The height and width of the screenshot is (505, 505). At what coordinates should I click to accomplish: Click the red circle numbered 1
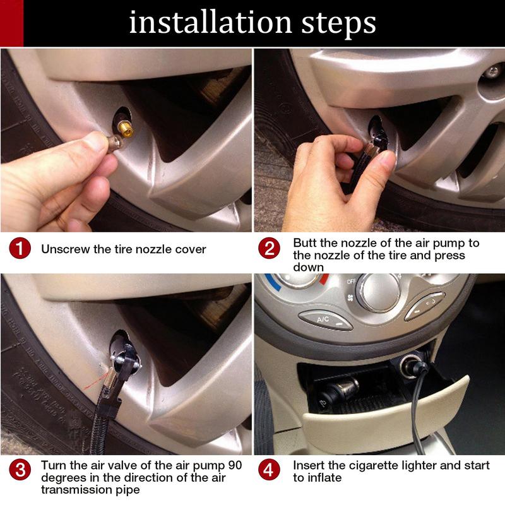(20, 249)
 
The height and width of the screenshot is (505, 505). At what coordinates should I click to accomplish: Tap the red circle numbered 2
(270, 248)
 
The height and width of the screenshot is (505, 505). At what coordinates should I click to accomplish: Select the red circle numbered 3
(20, 470)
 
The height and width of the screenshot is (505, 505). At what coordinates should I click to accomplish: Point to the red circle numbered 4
(270, 470)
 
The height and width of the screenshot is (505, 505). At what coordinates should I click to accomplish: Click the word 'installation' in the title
(211, 22)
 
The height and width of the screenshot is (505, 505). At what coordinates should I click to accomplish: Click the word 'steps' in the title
(338, 23)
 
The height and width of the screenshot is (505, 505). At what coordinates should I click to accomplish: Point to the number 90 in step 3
(235, 465)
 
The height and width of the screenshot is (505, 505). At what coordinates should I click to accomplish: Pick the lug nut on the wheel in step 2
(493, 72)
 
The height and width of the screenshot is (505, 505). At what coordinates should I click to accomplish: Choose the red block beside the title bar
(11, 23)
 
